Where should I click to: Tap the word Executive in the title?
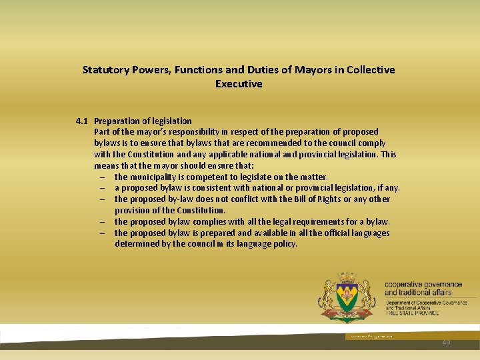(x=239, y=84)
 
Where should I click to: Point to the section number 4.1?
(x=82, y=121)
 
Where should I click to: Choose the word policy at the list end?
(x=283, y=244)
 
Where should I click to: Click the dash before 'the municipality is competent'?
(x=105, y=177)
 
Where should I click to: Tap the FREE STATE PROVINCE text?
(x=412, y=313)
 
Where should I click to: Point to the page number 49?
(x=446, y=343)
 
